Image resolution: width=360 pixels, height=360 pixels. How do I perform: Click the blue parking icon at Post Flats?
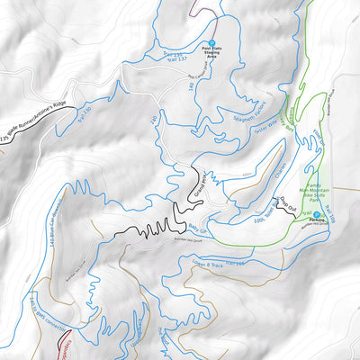211,43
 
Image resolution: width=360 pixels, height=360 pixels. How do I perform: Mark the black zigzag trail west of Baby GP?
148,227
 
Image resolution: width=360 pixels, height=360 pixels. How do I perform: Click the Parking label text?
316,220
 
